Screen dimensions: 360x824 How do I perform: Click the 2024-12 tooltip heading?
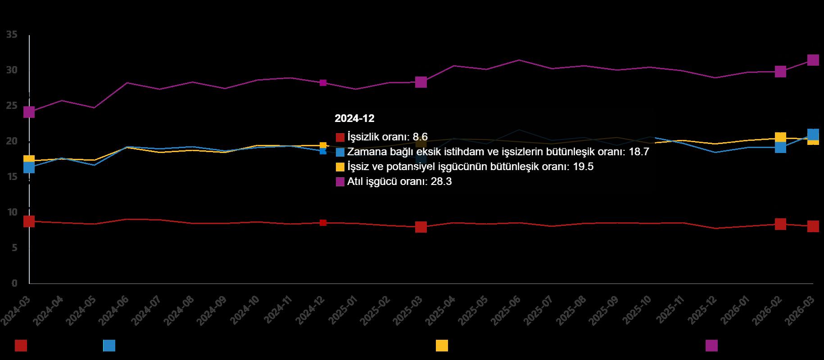point(354,118)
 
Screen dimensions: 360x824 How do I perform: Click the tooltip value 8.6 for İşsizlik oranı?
point(420,137)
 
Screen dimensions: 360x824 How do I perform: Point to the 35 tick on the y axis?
point(12,35)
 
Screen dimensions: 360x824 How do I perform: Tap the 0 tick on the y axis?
point(14,283)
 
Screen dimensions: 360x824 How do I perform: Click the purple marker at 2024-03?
point(29,112)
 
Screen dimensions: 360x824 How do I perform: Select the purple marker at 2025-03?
point(421,82)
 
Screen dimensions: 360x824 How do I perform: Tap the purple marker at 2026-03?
point(813,60)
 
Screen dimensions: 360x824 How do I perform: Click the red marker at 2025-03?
point(421,227)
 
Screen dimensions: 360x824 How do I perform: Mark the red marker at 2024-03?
point(29,221)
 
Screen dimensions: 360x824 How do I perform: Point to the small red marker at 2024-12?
point(323,223)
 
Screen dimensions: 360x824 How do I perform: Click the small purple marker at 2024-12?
point(323,83)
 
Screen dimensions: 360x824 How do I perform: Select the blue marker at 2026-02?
point(780,147)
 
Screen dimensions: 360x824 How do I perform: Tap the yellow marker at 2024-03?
point(29,160)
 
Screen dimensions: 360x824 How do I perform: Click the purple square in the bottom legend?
point(711,346)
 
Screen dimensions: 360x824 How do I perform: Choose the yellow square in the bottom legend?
point(442,346)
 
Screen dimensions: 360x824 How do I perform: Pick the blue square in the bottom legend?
point(109,346)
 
